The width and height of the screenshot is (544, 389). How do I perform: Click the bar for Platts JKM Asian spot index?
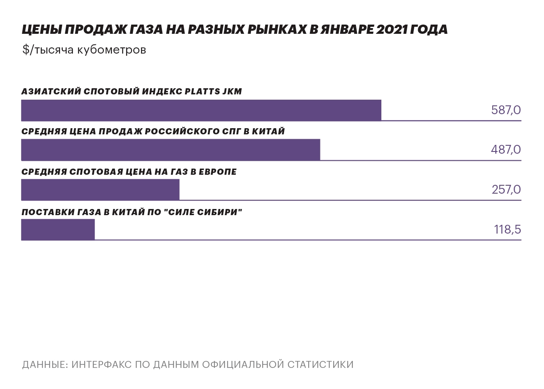(x=201, y=110)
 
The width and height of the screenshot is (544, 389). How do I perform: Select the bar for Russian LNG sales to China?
(x=171, y=150)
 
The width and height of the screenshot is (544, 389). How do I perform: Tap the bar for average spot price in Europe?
(x=100, y=190)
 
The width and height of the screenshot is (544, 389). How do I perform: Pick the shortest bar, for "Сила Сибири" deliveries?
(x=58, y=230)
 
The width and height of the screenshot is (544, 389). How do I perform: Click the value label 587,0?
(x=506, y=110)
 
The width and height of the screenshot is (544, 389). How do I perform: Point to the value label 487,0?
(x=506, y=150)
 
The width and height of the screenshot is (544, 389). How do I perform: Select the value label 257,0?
(x=506, y=190)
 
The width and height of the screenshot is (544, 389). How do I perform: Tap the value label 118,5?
(x=507, y=230)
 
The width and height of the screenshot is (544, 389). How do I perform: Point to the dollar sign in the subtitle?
(x=25, y=50)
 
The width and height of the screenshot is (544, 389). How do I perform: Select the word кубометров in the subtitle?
(x=111, y=50)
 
